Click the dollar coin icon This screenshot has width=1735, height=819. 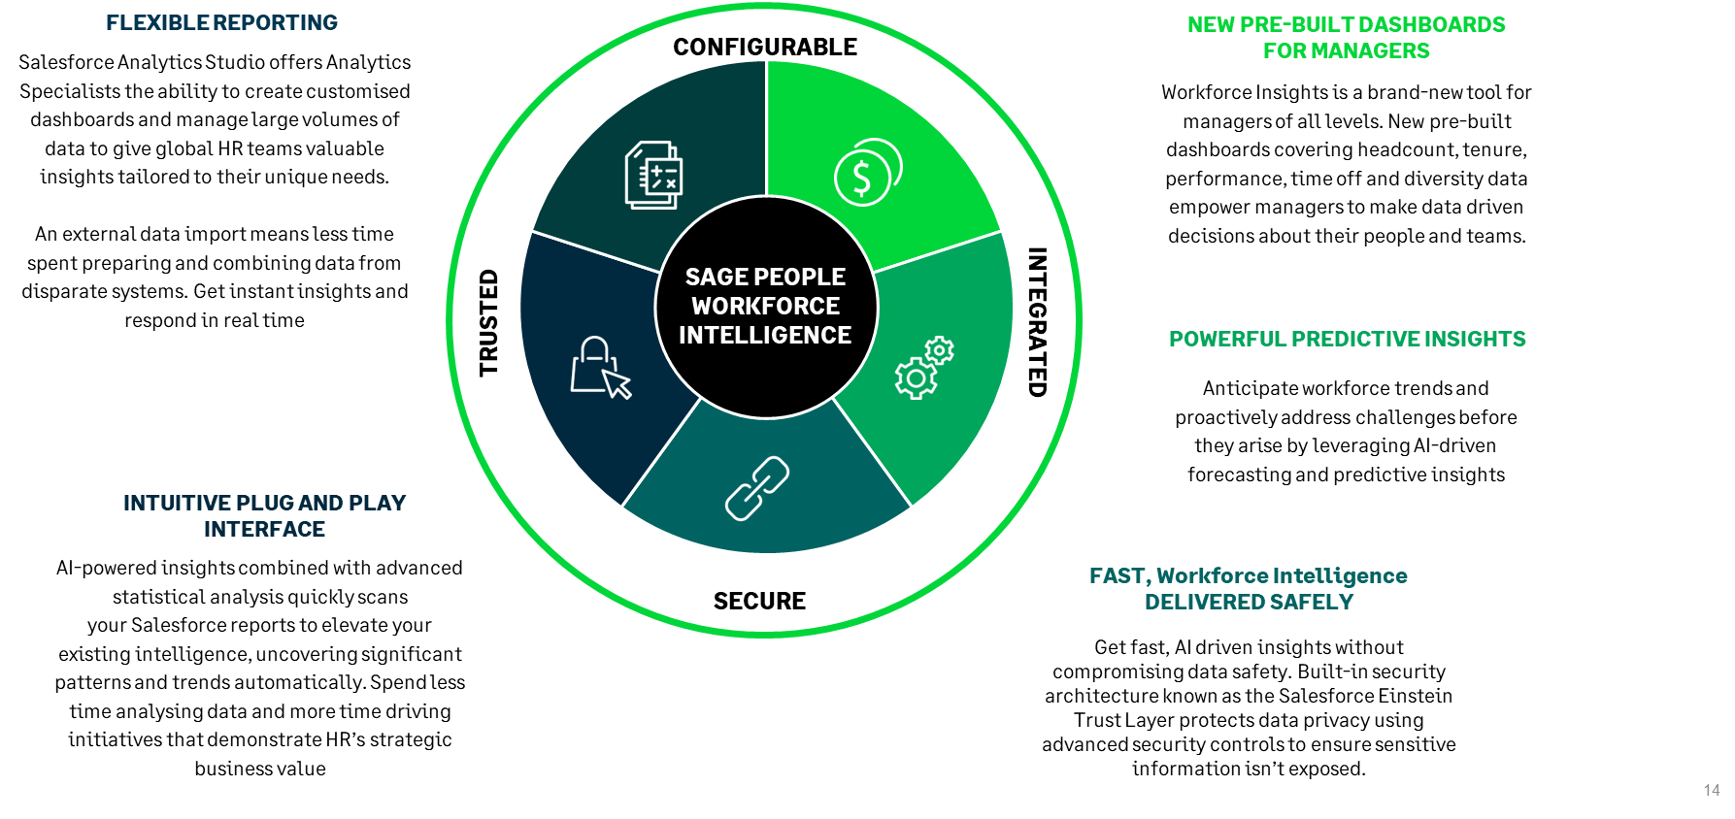coord(866,173)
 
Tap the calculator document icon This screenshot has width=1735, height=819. coord(653,175)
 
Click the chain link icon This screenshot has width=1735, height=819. coord(757,488)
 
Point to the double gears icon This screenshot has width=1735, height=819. coord(923,368)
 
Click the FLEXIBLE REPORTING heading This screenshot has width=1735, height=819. coord(221,23)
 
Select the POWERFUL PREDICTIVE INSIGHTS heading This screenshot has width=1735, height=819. coord(1347,340)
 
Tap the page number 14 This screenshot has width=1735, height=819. coord(1712,791)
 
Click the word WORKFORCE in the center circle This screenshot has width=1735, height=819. coord(765,307)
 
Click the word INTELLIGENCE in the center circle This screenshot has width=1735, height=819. coord(765,336)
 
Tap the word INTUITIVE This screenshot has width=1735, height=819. coord(177,504)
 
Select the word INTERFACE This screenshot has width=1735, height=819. coord(264,530)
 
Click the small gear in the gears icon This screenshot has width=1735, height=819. coord(939,350)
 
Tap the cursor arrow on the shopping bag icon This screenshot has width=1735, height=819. coord(617,383)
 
